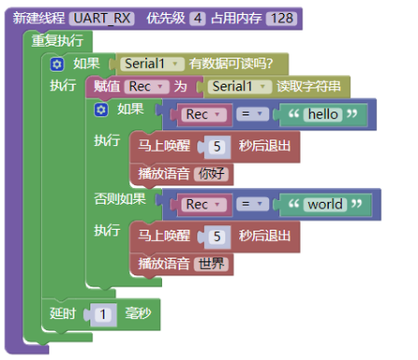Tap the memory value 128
tap(280, 18)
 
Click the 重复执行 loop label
tap(57, 41)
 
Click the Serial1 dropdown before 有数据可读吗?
tap(149, 64)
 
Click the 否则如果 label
tap(120, 198)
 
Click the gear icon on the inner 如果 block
tap(101, 110)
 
